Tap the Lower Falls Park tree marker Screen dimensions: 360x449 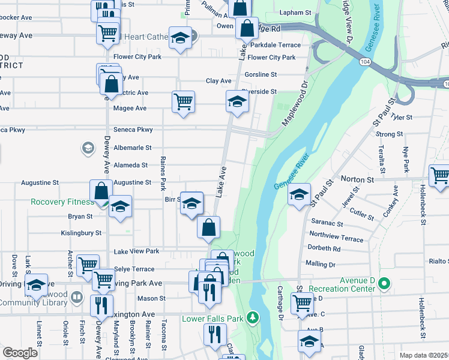pos(254,317)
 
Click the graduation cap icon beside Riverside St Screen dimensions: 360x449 pos(237,101)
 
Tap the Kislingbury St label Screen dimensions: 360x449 pos(82,232)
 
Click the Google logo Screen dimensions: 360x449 pos(20,353)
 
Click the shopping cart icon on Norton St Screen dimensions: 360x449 pos(440,175)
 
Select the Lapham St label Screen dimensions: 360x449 pos(296,12)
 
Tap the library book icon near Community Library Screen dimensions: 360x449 pos(77,297)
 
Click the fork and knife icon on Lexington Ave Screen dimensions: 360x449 pos(101,305)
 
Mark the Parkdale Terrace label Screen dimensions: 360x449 pos(276,45)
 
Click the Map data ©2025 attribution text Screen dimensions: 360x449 pos(424,355)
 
